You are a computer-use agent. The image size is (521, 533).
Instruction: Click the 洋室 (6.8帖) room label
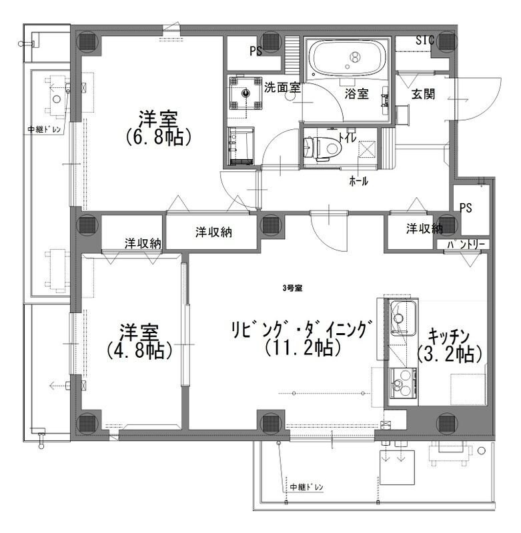click(x=158, y=127)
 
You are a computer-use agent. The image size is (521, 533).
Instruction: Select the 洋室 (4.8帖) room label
click(x=139, y=340)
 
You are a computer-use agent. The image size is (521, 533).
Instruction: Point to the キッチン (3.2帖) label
click(x=450, y=344)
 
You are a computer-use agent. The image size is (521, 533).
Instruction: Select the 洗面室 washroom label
click(x=282, y=87)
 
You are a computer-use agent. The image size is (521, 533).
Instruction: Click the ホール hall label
click(x=358, y=181)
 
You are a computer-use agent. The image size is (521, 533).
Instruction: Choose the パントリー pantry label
click(x=468, y=245)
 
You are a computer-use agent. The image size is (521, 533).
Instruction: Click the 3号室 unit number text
click(x=292, y=288)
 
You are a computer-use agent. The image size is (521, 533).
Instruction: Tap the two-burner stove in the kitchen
click(x=403, y=384)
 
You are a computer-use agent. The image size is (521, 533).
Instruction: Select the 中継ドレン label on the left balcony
click(x=45, y=130)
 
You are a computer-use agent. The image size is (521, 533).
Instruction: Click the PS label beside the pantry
click(x=466, y=208)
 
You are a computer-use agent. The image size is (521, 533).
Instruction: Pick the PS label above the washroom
click(x=255, y=51)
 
